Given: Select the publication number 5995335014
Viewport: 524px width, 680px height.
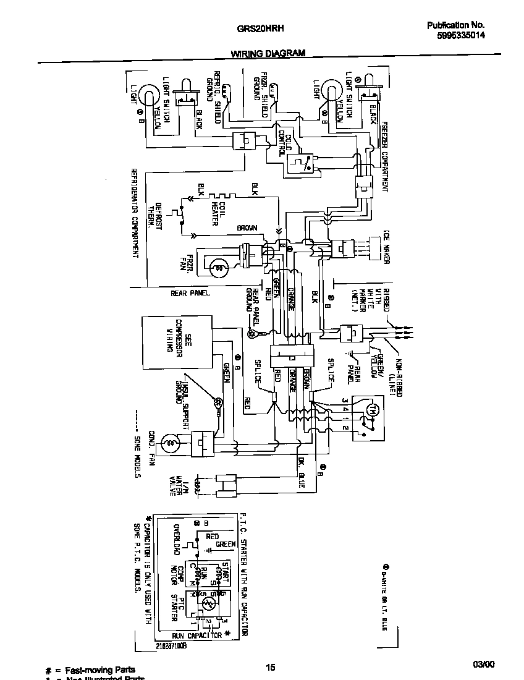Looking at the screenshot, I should pos(460,36).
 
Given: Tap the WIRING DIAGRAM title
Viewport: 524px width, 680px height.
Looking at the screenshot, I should pos(268,53).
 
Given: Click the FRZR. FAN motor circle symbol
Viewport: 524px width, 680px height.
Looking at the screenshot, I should pos(217,268).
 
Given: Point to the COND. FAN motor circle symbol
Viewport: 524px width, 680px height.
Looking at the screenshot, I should pos(169,443).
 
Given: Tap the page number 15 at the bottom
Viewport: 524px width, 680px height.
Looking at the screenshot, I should pos(270,667).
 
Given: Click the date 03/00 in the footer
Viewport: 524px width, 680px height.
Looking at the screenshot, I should pos(484,665).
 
